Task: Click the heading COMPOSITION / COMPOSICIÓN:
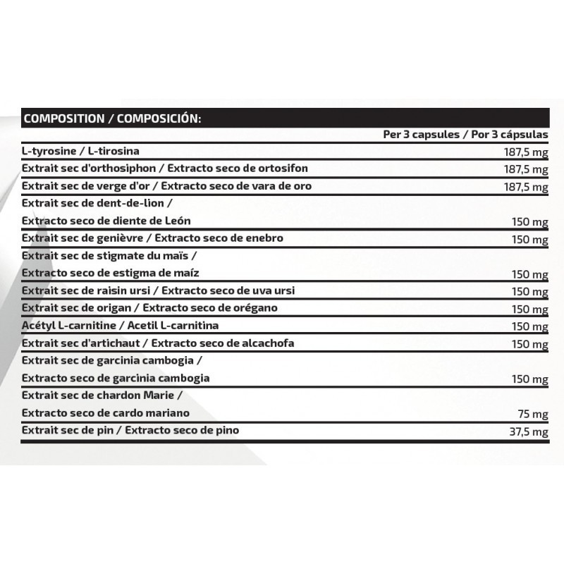[112, 118]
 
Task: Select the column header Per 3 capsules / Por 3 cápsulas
[465, 135]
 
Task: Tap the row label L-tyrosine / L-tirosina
[81, 152]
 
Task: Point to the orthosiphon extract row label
[165, 168]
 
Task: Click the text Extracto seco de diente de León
[106, 221]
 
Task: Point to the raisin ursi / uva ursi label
[159, 290]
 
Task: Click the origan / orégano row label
[150, 308]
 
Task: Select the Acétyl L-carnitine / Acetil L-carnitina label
[121, 326]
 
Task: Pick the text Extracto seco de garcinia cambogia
[116, 378]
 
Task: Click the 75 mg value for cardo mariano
[534, 415]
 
